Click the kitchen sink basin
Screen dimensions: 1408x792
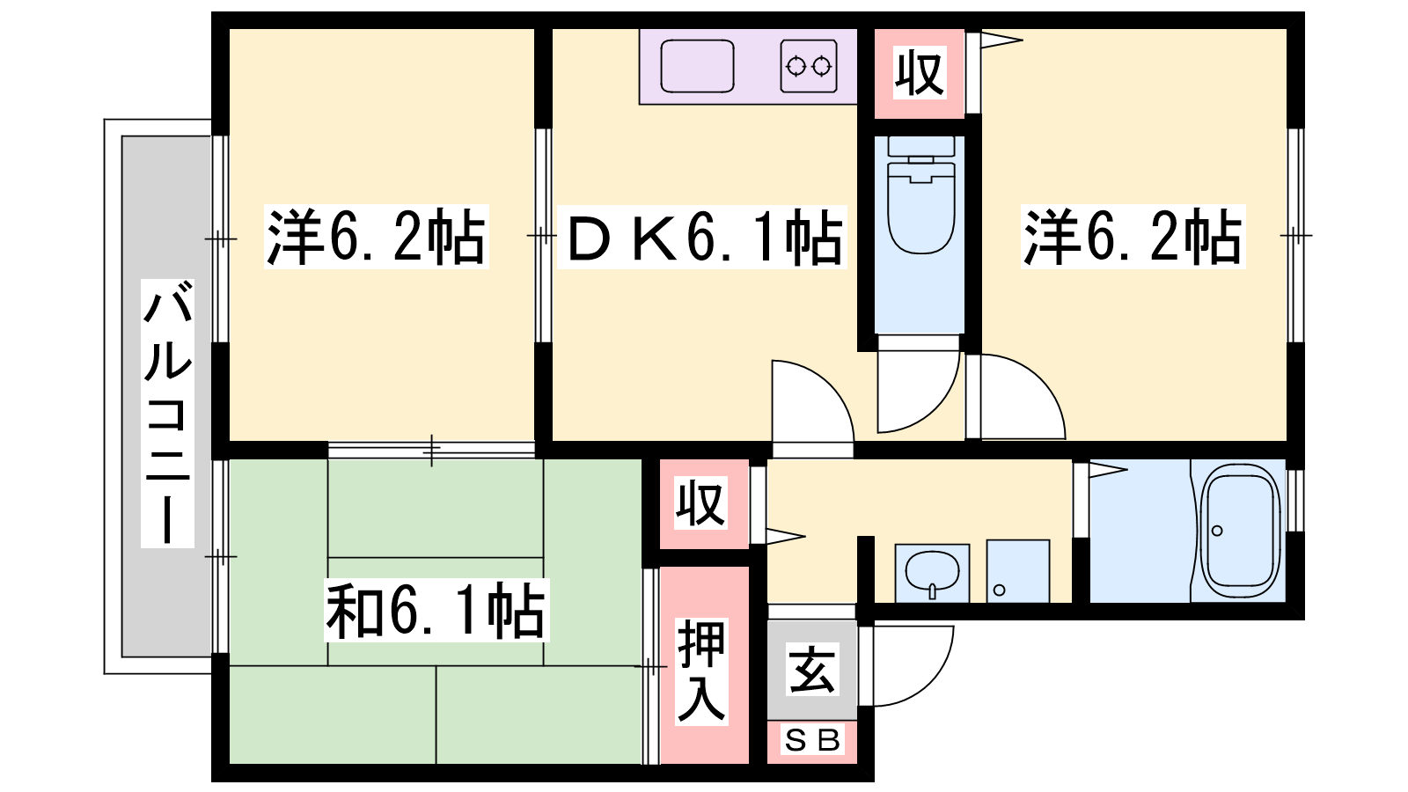(x=697, y=65)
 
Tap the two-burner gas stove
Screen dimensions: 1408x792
(x=809, y=66)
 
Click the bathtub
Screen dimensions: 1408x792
(x=1240, y=532)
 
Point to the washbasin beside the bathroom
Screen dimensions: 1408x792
(x=932, y=573)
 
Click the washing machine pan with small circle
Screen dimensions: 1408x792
(x=1017, y=571)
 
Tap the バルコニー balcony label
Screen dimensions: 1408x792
(x=167, y=414)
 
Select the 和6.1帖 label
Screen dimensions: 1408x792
(x=436, y=610)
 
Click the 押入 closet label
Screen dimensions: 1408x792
(x=701, y=671)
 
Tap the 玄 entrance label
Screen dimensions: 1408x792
(x=812, y=670)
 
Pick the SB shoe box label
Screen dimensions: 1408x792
(x=812, y=741)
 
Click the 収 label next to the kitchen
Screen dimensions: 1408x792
(x=920, y=74)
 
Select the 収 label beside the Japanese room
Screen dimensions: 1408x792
(x=701, y=502)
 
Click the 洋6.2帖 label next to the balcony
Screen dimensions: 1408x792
(x=376, y=236)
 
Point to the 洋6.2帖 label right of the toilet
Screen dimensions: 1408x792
(x=1133, y=236)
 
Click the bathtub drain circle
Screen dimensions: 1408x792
(x=1217, y=531)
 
